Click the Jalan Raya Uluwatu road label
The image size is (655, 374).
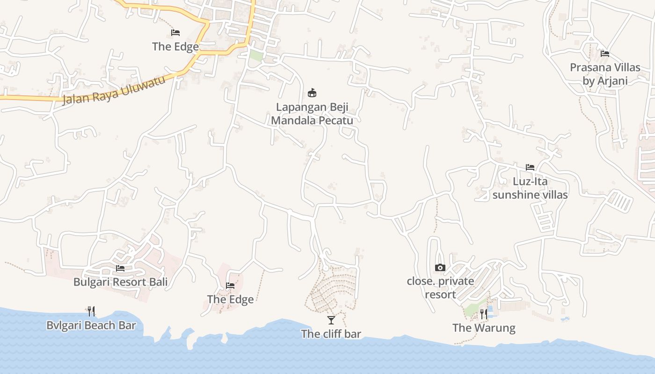[x=114, y=91]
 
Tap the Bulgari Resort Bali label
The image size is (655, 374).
[x=120, y=282]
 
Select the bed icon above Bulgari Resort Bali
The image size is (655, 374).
[x=120, y=268]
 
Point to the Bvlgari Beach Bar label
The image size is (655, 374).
[x=91, y=325]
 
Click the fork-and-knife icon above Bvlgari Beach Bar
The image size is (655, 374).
[x=91, y=311]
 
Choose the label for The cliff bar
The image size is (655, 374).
[x=331, y=334]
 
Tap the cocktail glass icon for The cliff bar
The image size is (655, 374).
[x=331, y=320]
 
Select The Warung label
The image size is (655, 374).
[x=484, y=328]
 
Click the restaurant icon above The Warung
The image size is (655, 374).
[x=484, y=314]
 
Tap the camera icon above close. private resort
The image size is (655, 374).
[x=440, y=267]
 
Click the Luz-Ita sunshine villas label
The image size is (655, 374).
[x=530, y=188]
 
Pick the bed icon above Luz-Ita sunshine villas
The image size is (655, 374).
[x=530, y=167]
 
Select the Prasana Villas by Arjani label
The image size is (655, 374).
[x=605, y=74]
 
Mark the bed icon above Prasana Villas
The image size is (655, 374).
[x=605, y=54]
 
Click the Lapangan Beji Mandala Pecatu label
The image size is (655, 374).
[x=312, y=114]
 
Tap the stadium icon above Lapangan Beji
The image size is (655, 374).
[x=312, y=93]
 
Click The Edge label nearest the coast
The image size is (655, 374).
[x=230, y=299]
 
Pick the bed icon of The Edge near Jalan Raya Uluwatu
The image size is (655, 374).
[x=175, y=32]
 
